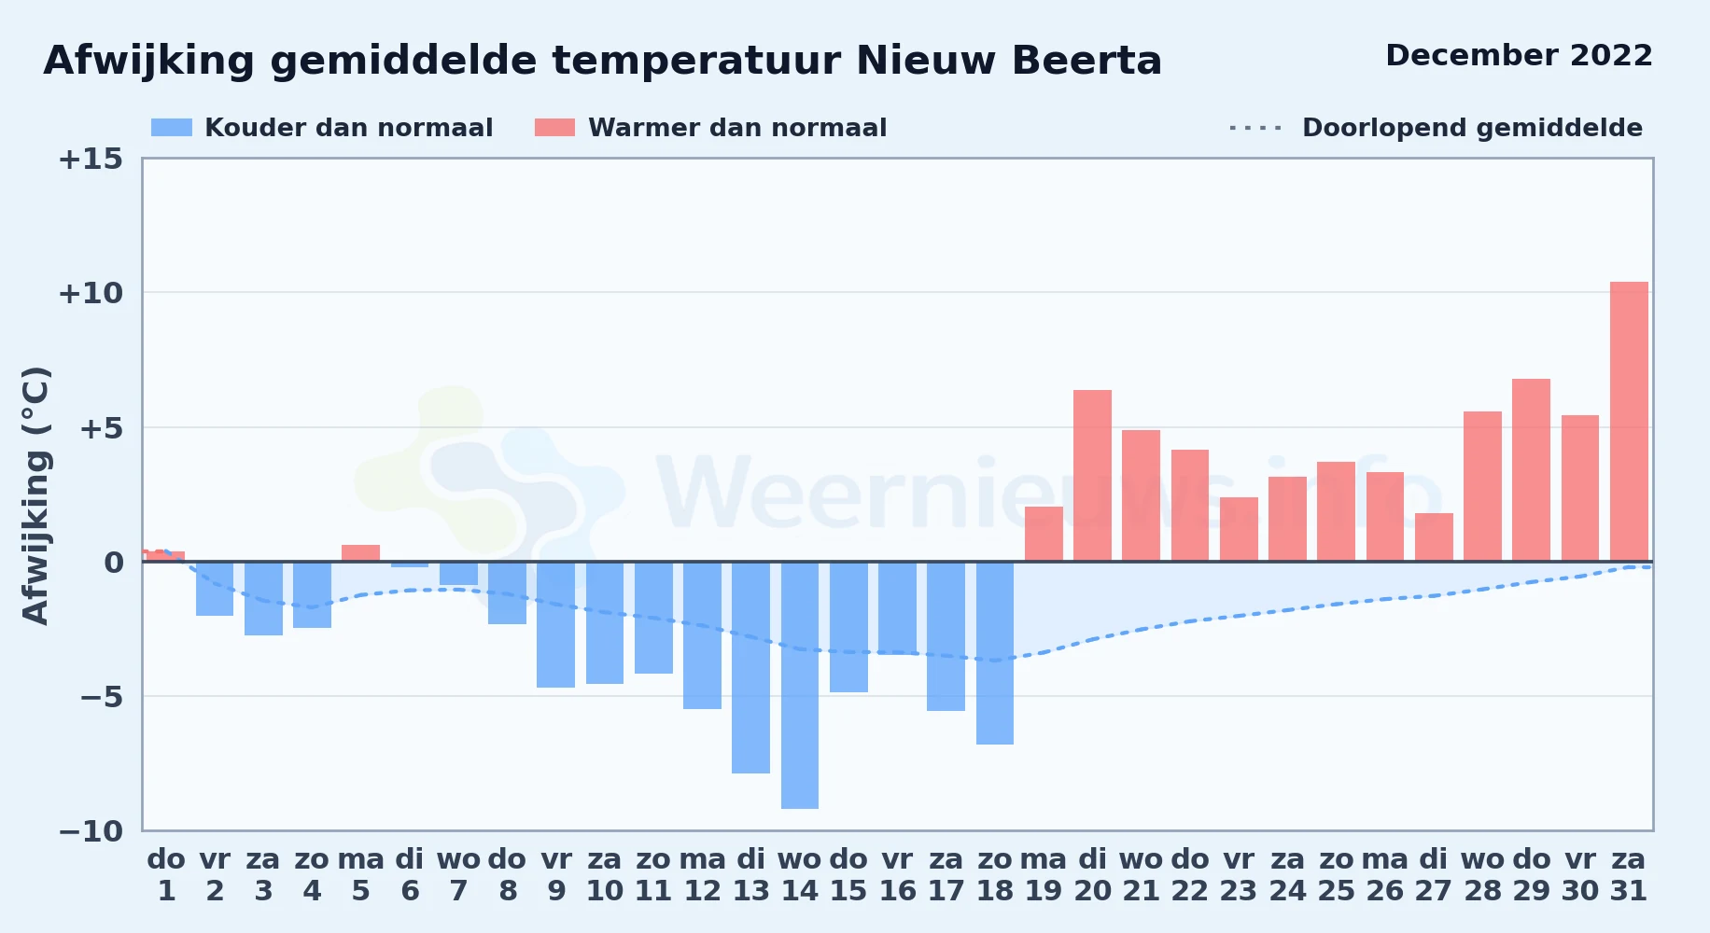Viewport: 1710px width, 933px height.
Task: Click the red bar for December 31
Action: click(1629, 422)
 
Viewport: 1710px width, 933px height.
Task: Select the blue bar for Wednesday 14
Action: click(800, 685)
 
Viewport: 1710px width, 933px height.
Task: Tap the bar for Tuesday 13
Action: click(750, 667)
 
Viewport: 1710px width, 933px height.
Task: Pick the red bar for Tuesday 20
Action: click(1092, 476)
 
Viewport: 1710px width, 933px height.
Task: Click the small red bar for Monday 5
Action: click(360, 553)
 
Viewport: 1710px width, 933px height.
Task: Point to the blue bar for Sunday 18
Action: click(995, 653)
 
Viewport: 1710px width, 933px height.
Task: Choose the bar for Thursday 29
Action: click(1531, 470)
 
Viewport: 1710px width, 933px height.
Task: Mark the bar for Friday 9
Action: click(555, 624)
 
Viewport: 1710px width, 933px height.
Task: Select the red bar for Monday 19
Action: click(1044, 534)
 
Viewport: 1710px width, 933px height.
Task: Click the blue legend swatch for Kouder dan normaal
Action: click(172, 128)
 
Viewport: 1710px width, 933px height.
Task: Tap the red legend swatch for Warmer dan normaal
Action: click(554, 128)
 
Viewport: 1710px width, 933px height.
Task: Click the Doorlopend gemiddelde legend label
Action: click(1472, 128)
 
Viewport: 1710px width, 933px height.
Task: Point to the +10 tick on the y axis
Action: click(91, 293)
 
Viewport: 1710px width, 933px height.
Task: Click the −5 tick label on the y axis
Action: click(101, 696)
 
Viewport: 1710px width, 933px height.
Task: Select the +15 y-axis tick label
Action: click(91, 159)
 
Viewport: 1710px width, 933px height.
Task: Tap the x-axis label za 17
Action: click(946, 875)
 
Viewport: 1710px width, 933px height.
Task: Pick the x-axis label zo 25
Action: click(1336, 875)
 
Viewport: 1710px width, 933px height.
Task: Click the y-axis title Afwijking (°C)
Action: click(35, 495)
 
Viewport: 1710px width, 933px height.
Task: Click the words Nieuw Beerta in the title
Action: click(1009, 62)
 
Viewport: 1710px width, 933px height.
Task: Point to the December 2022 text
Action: click(1519, 55)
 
